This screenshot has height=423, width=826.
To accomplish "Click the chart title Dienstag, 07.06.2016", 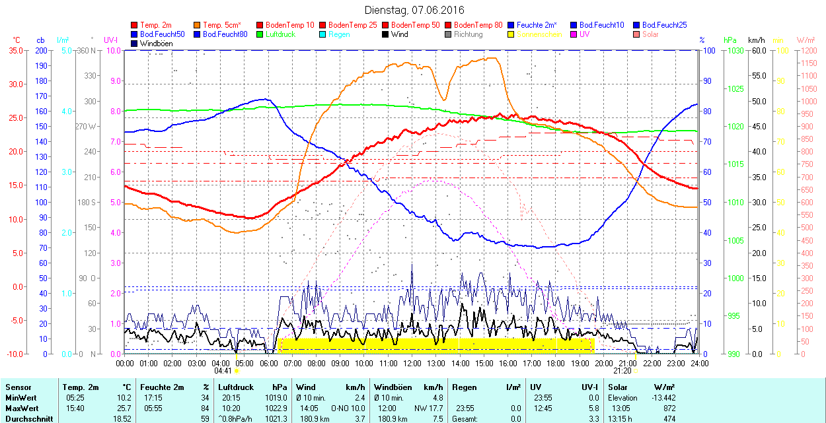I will coord(414,10).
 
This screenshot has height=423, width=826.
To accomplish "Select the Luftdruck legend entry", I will coord(280,34).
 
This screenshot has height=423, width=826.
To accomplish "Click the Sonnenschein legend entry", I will coord(539,34).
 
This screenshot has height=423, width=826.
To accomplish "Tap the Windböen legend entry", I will coord(156,44).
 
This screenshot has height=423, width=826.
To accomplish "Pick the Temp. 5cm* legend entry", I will coord(221,25).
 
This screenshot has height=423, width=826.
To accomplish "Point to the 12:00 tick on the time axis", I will coord(412,363).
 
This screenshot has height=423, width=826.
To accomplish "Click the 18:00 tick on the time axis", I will coord(556,363).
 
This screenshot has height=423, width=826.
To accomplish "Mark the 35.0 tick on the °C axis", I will coord(13,50).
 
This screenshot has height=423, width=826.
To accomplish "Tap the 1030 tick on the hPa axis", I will coord(733,50).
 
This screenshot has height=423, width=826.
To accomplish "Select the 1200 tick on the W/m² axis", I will coord(808,50).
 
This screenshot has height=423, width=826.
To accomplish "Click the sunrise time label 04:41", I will coord(223,371).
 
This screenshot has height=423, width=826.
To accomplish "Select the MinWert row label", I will coord(21,398).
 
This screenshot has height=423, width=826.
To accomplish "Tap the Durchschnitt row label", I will coord(28,418).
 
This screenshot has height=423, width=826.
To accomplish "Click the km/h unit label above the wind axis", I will coord(757,40).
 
